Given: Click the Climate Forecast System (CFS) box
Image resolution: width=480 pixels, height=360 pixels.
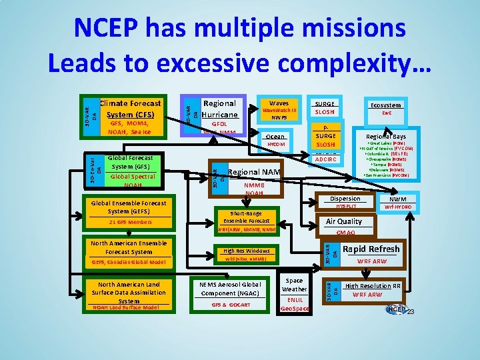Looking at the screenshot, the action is tap(130, 117).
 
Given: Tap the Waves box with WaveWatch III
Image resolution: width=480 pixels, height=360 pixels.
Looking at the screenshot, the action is tap(279, 110).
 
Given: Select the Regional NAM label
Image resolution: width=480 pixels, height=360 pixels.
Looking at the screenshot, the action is tap(254, 173).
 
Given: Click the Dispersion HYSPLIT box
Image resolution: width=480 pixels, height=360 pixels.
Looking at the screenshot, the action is tap(345, 202).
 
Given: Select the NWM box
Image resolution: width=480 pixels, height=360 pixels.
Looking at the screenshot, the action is tap(398, 202).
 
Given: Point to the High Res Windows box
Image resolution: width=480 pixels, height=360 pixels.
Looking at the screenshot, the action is tap(246, 254).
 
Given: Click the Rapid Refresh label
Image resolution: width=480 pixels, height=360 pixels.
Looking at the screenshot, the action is tap(371, 249).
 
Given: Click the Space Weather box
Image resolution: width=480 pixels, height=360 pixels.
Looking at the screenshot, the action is tap(294, 294).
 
